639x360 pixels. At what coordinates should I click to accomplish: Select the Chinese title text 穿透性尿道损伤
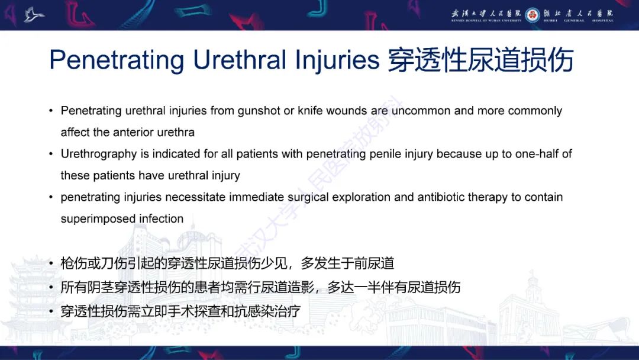[480, 60]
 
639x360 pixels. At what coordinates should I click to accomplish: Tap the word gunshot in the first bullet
[262, 111]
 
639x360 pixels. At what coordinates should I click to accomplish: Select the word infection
[161, 218]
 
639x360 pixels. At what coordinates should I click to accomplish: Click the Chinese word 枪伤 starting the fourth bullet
[72, 263]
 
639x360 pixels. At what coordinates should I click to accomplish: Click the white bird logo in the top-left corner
[34, 14]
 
